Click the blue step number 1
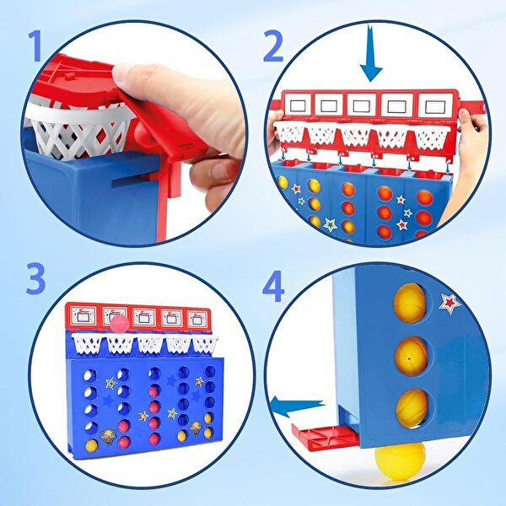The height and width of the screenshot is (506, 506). pyautogui.click(x=35, y=46)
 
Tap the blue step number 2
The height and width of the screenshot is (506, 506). pyautogui.click(x=273, y=46)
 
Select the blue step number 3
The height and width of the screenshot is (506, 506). pyautogui.click(x=35, y=279)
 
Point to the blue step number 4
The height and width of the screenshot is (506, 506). pyautogui.click(x=273, y=286)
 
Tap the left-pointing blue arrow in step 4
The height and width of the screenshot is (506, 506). pyautogui.click(x=297, y=406)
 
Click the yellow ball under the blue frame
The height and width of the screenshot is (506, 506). pyautogui.click(x=400, y=460)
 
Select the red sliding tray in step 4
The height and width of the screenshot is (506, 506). pyautogui.click(x=325, y=437)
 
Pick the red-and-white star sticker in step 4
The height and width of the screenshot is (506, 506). pyautogui.click(x=449, y=304)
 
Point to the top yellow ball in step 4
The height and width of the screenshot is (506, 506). pyautogui.click(x=410, y=303)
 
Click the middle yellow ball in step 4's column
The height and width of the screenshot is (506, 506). pyautogui.click(x=412, y=356)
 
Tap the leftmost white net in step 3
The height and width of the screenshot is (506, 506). pyautogui.click(x=87, y=344)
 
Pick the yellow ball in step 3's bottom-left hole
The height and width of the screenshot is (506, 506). pyautogui.click(x=91, y=445)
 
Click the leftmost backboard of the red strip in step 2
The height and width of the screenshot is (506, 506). pyautogui.click(x=297, y=105)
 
